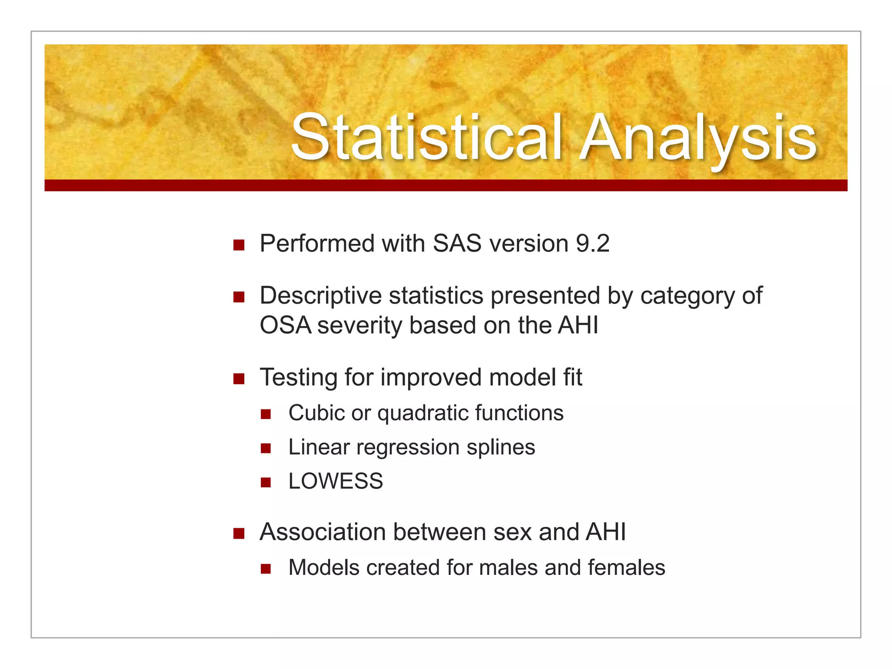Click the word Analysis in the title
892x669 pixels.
[x=699, y=137]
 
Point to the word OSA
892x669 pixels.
[x=285, y=326]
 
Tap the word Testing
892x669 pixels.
[x=298, y=378]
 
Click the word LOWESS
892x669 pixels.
[x=335, y=482]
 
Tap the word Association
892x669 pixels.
[x=323, y=532]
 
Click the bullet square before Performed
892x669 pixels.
[x=239, y=245]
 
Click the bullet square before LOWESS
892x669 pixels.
[x=266, y=483]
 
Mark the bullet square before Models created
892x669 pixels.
[x=266, y=569]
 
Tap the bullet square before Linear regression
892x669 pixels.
[x=266, y=449]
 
